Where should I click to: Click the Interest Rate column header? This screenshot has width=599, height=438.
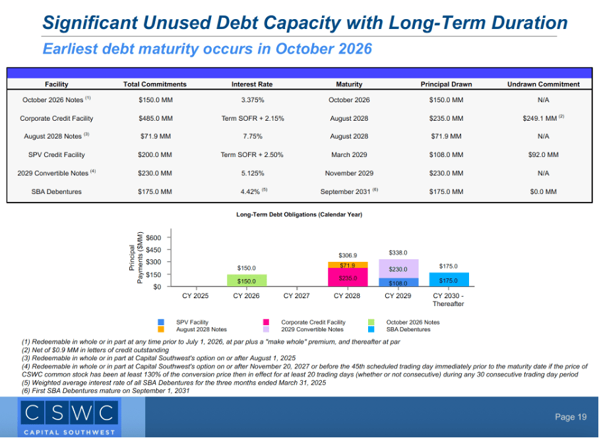tap(251, 84)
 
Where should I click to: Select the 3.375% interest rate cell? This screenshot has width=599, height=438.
tap(252, 100)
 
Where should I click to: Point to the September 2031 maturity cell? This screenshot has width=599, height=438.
tap(349, 191)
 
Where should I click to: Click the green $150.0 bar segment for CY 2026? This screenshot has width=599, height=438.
tap(246, 281)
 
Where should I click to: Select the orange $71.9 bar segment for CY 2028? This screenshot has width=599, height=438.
tap(347, 265)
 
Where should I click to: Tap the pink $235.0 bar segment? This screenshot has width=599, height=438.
tap(347, 278)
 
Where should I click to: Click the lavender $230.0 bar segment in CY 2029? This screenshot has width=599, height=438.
tap(398, 269)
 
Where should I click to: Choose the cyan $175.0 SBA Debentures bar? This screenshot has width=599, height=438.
tap(448, 280)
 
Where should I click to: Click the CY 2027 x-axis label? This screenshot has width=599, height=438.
tap(297, 296)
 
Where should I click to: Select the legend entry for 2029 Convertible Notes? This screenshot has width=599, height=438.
tap(312, 329)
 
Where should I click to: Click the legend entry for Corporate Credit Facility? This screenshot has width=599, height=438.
tap(313, 323)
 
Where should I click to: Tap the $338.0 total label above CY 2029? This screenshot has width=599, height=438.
tap(398, 253)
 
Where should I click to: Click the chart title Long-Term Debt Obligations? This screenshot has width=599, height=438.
tap(299, 214)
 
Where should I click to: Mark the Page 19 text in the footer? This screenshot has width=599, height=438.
tap(570, 417)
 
